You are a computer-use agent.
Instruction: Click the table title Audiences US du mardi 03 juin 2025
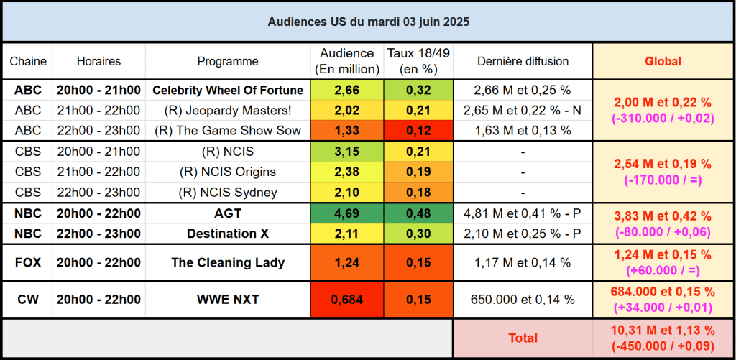[x=368, y=22]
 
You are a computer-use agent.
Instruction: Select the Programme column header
[x=228, y=62]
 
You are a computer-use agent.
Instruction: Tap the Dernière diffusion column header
[x=523, y=62]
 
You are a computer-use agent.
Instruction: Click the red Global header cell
[x=661, y=62]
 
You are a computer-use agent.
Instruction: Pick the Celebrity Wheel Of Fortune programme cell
[x=228, y=91]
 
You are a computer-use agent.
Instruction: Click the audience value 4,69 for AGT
[x=347, y=214]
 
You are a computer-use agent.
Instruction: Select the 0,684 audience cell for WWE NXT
[x=347, y=300]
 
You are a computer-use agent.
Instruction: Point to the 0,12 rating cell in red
[x=418, y=131]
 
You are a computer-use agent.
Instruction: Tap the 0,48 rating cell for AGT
[x=418, y=214]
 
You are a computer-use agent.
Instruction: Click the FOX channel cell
[x=28, y=262]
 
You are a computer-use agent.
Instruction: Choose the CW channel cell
[x=28, y=300]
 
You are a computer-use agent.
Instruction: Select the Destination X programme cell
[x=228, y=234]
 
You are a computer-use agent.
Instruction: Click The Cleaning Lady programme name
[x=228, y=262]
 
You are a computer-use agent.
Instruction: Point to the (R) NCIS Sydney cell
[x=228, y=193]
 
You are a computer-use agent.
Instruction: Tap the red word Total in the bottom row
[x=523, y=337]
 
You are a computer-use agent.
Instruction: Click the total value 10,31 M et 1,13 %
[x=661, y=331]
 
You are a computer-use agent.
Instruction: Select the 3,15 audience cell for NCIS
[x=347, y=152]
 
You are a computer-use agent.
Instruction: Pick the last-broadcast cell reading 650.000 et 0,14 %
[x=523, y=300]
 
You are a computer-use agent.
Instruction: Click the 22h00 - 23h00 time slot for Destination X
[x=98, y=234]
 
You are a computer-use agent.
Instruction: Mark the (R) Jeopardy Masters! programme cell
[x=228, y=111]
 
